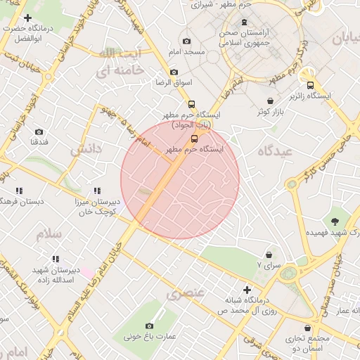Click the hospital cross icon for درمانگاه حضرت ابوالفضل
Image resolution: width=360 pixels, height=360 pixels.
[x=27, y=18]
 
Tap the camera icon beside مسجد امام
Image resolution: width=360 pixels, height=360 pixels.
[x=186, y=41]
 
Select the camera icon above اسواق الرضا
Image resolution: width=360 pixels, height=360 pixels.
[x=174, y=72]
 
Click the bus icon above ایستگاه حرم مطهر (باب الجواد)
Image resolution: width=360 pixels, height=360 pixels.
[x=191, y=104]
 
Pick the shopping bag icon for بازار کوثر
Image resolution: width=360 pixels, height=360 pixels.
[x=271, y=101]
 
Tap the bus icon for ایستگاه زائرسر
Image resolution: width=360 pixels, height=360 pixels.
[x=311, y=85]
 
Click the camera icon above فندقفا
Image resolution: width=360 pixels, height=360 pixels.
[x=39, y=131]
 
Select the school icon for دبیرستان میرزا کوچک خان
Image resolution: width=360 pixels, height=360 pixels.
[x=97, y=191]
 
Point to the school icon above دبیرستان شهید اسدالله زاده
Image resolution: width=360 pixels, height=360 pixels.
[x=57, y=258]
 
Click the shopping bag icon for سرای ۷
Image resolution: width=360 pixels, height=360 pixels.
[x=269, y=255]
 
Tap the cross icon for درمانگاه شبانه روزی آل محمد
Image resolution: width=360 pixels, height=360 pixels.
[x=247, y=290]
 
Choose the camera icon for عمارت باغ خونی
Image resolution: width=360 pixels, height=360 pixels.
[x=149, y=326]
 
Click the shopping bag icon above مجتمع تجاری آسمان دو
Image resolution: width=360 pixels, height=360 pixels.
[x=307, y=328]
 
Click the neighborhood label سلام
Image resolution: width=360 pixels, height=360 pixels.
[x=49, y=233]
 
